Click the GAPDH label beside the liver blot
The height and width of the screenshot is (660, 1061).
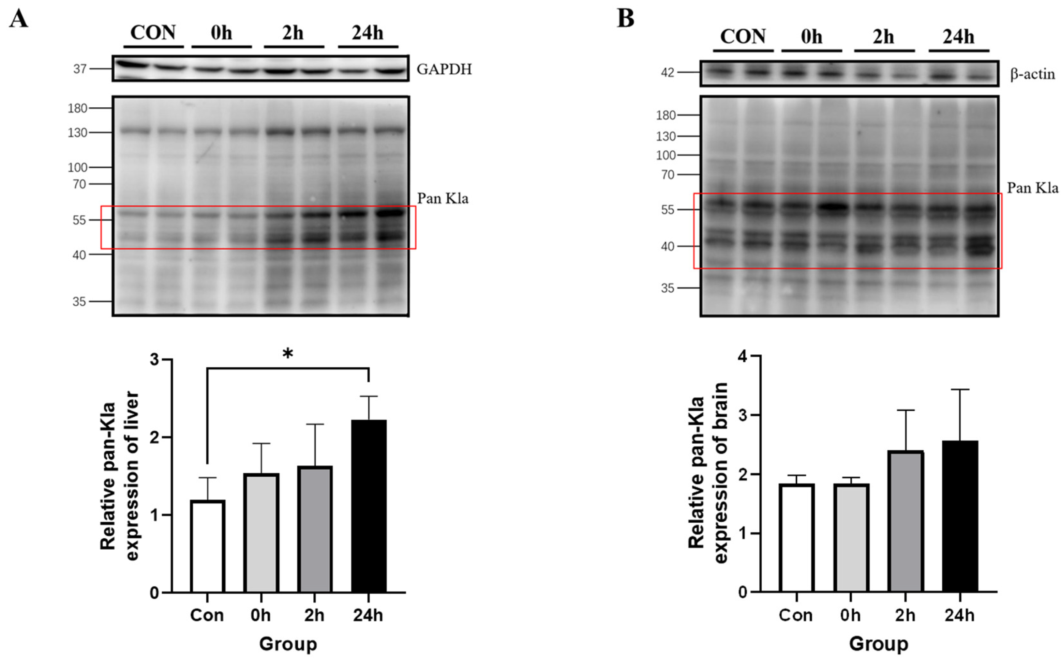click(x=444, y=70)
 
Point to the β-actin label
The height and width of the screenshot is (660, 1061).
click(x=1032, y=74)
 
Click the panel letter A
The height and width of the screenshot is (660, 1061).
click(x=18, y=19)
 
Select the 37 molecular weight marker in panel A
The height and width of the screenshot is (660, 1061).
click(x=79, y=69)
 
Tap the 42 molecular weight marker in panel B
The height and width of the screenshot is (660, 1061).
click(x=668, y=73)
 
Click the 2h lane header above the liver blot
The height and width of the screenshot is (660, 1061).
click(x=293, y=33)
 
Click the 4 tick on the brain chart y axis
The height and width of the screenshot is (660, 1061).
click(x=743, y=356)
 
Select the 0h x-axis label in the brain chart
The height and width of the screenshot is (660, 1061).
click(x=850, y=615)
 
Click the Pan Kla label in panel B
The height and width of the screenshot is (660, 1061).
click(x=1032, y=188)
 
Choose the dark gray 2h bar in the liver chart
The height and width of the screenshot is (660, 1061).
click(x=315, y=529)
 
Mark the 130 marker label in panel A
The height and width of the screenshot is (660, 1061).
click(x=77, y=133)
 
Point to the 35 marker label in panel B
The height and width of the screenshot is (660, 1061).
click(x=668, y=288)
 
